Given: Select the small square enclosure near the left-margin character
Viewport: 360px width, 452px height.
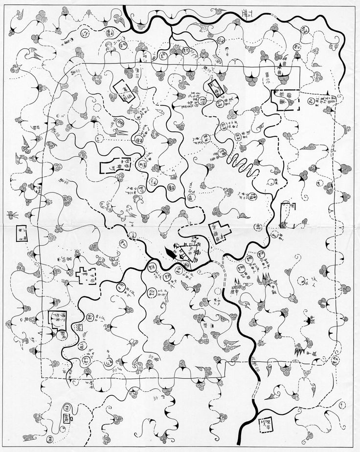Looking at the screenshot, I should tap(21, 233).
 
